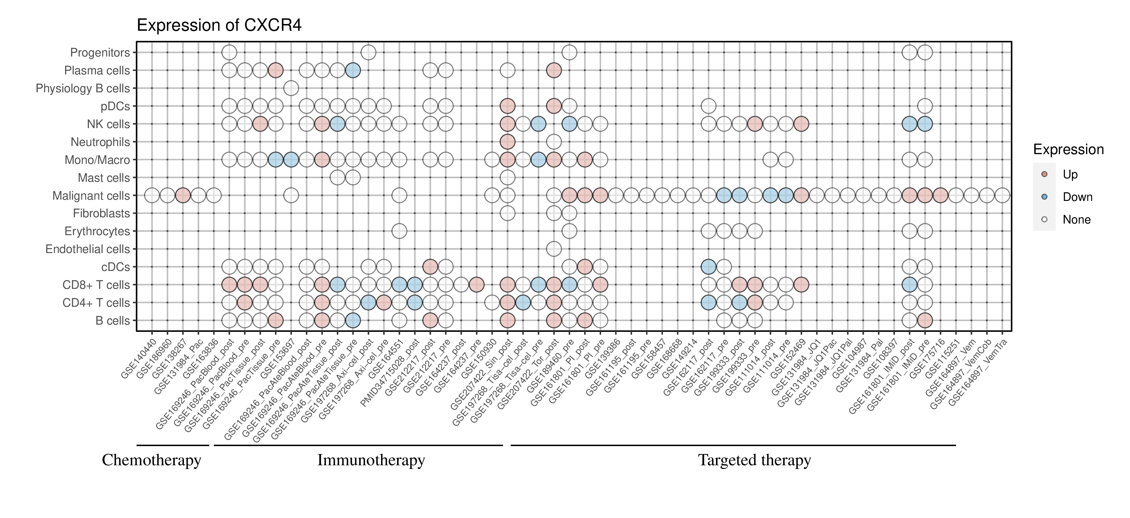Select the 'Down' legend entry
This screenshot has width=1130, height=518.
coord(1077,197)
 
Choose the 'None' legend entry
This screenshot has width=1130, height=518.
coord(1076,220)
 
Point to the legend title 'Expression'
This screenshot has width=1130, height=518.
coord(1068,149)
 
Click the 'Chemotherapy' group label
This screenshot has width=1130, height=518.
coord(151,460)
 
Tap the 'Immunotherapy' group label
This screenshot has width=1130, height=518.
coord(371,460)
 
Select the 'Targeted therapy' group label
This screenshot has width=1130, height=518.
coord(755,460)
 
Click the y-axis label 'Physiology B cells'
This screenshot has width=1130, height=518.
coord(83,89)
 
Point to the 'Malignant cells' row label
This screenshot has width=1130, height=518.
coord(91,196)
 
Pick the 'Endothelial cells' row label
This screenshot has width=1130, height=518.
coord(88,249)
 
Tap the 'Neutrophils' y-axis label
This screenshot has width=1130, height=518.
coord(100,142)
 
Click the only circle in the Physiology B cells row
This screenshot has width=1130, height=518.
coord(291,88)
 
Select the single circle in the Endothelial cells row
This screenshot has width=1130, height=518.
coord(554,249)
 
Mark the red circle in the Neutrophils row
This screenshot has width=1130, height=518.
coord(508,142)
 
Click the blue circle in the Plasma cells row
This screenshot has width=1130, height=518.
coord(353,70)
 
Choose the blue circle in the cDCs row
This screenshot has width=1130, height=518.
coord(708,267)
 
